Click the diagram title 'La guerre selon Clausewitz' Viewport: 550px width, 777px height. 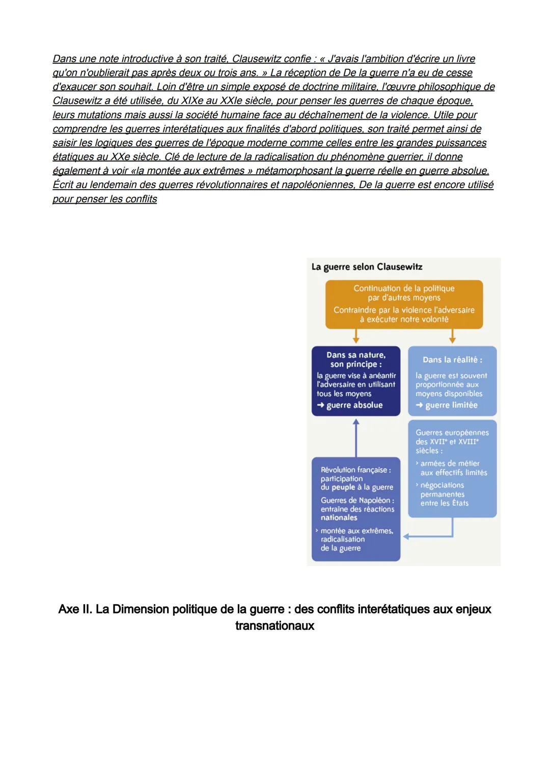(x=367, y=267)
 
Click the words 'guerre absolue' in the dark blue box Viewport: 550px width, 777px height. (x=354, y=405)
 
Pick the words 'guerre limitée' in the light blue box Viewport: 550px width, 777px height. (x=451, y=405)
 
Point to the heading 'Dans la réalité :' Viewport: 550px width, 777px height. (x=452, y=360)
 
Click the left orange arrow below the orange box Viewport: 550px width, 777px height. (x=356, y=336)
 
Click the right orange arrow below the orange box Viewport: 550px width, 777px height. (x=452, y=336)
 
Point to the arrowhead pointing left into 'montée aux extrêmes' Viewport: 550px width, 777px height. (x=406, y=536)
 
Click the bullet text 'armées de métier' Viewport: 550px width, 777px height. (x=450, y=464)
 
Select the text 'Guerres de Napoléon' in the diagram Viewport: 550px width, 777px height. (x=356, y=500)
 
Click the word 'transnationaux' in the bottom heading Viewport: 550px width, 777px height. (x=274, y=626)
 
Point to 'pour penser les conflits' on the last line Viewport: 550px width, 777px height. (x=105, y=199)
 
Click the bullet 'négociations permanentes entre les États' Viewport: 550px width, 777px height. (x=442, y=494)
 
